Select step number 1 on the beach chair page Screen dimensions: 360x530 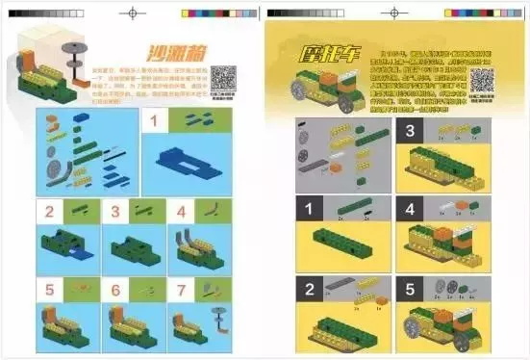(153, 121)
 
